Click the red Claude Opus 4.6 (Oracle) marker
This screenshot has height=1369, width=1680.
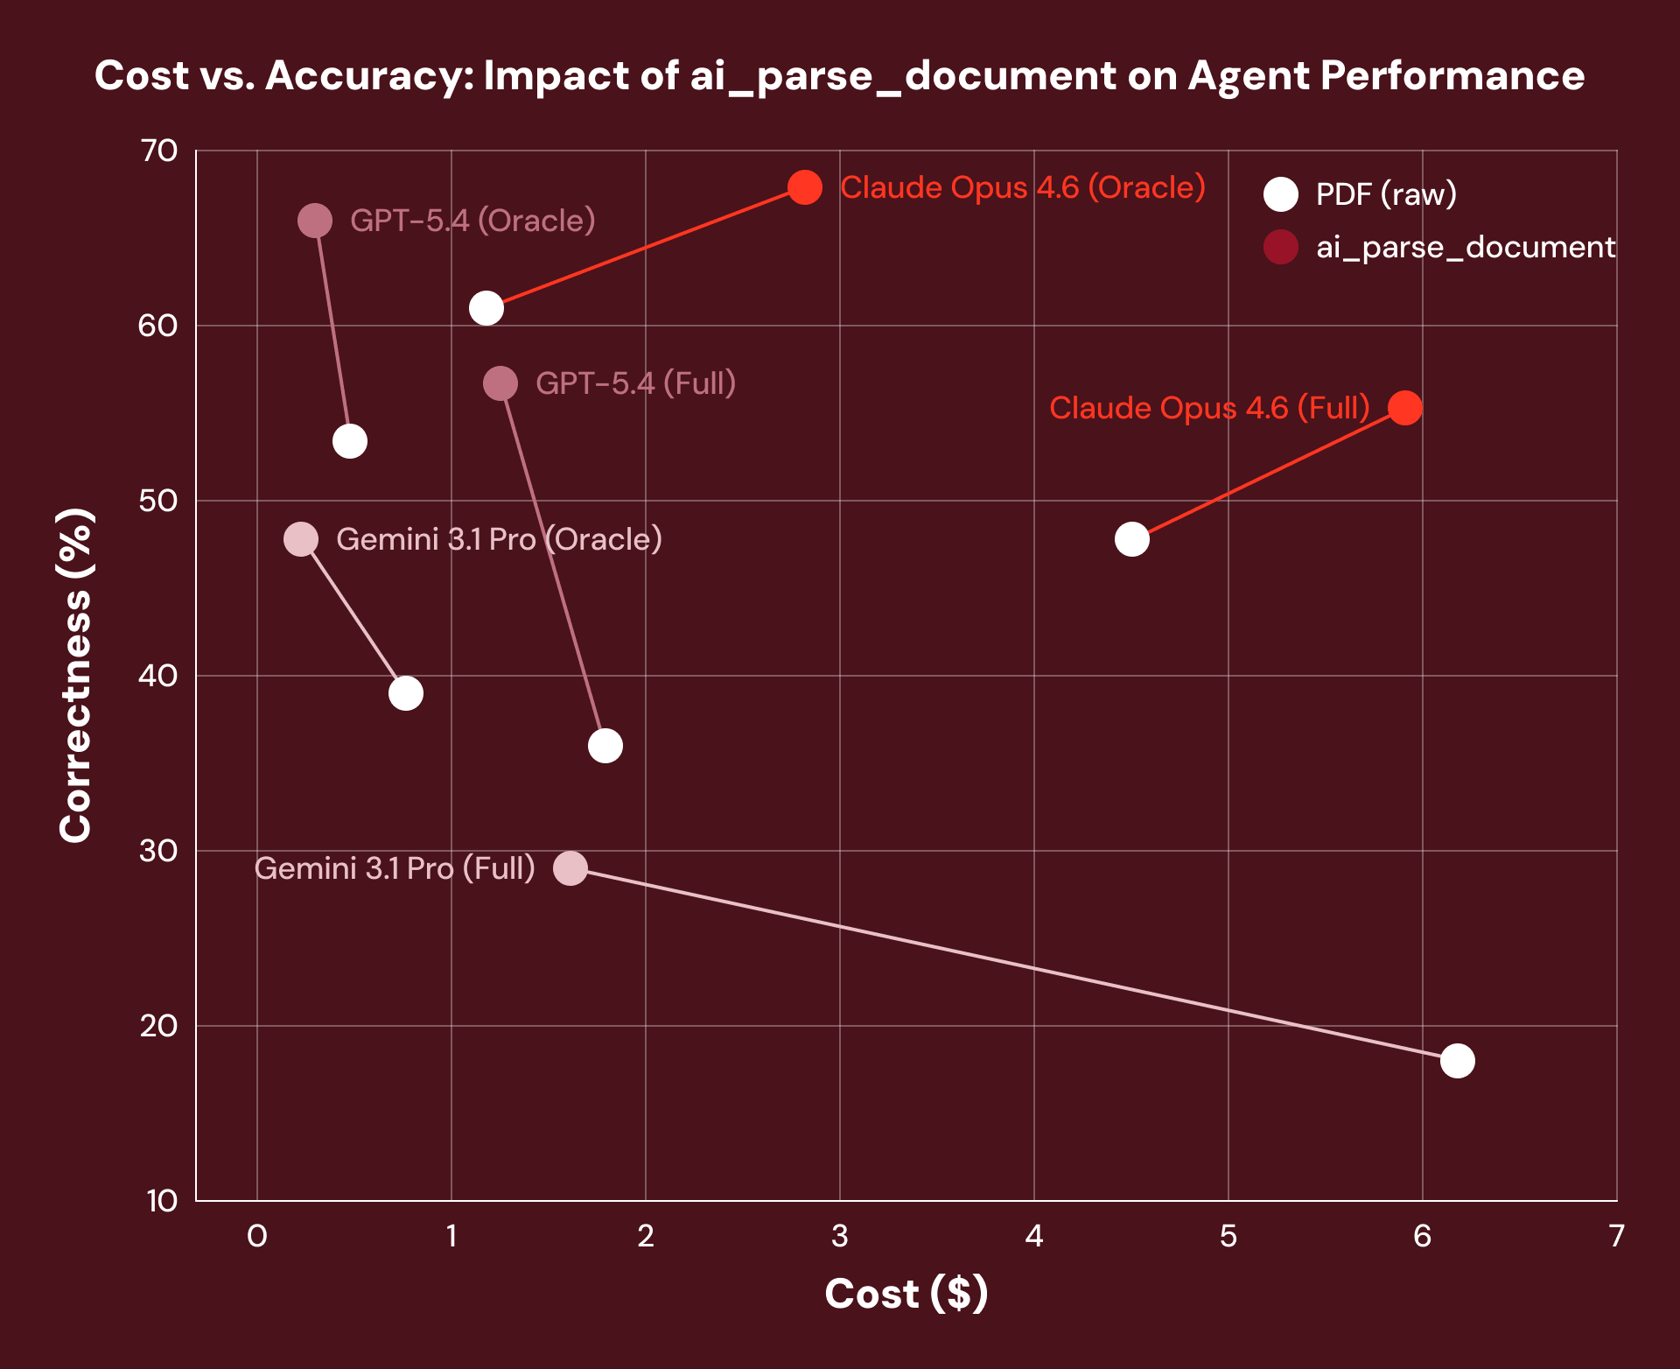(x=804, y=187)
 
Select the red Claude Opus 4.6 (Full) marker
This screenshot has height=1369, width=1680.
(x=1404, y=408)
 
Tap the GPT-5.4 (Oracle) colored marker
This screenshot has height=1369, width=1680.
(x=315, y=221)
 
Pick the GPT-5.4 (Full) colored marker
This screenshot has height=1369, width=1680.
(x=500, y=383)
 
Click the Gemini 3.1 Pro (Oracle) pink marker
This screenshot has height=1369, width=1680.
(x=301, y=539)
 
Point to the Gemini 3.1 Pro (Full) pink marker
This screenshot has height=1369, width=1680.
(x=570, y=868)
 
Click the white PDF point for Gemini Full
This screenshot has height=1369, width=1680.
(x=1457, y=1061)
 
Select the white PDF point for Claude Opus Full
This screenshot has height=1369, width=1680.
(x=1131, y=539)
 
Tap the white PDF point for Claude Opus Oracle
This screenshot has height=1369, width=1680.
(x=486, y=308)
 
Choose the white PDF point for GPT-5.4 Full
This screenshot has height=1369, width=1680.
(x=605, y=746)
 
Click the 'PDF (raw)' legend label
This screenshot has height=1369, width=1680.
(x=1386, y=194)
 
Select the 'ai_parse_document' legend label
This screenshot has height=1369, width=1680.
(x=1466, y=248)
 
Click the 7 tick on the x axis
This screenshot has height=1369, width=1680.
(x=1616, y=1236)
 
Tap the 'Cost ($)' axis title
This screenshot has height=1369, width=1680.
(x=906, y=1294)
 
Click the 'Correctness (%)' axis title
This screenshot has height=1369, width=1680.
(x=76, y=675)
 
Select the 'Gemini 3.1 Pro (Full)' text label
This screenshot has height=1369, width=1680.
(x=395, y=868)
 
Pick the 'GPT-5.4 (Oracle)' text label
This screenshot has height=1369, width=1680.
(x=472, y=221)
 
